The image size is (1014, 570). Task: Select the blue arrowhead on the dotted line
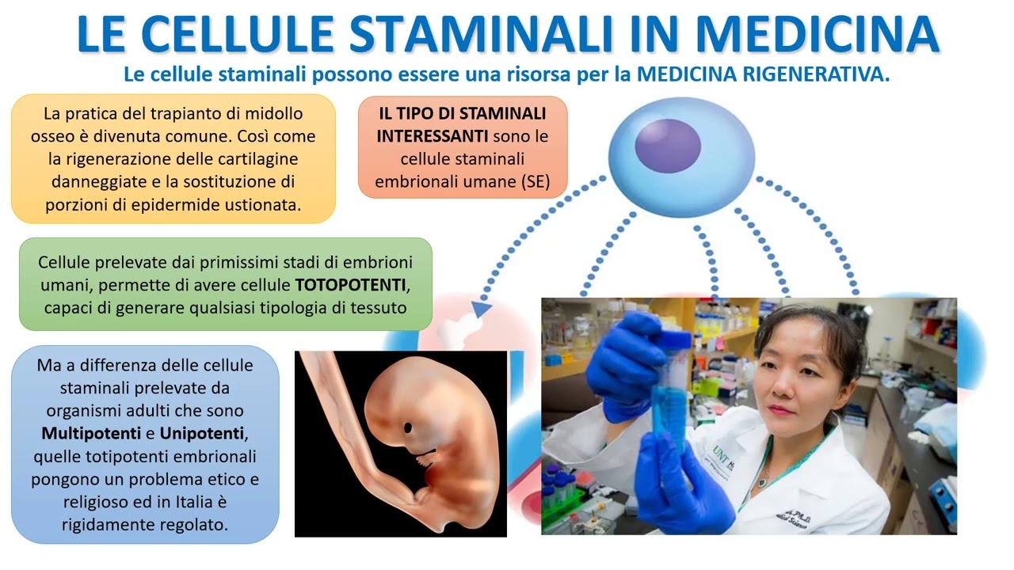[480, 310]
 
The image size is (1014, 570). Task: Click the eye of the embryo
[408, 427]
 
